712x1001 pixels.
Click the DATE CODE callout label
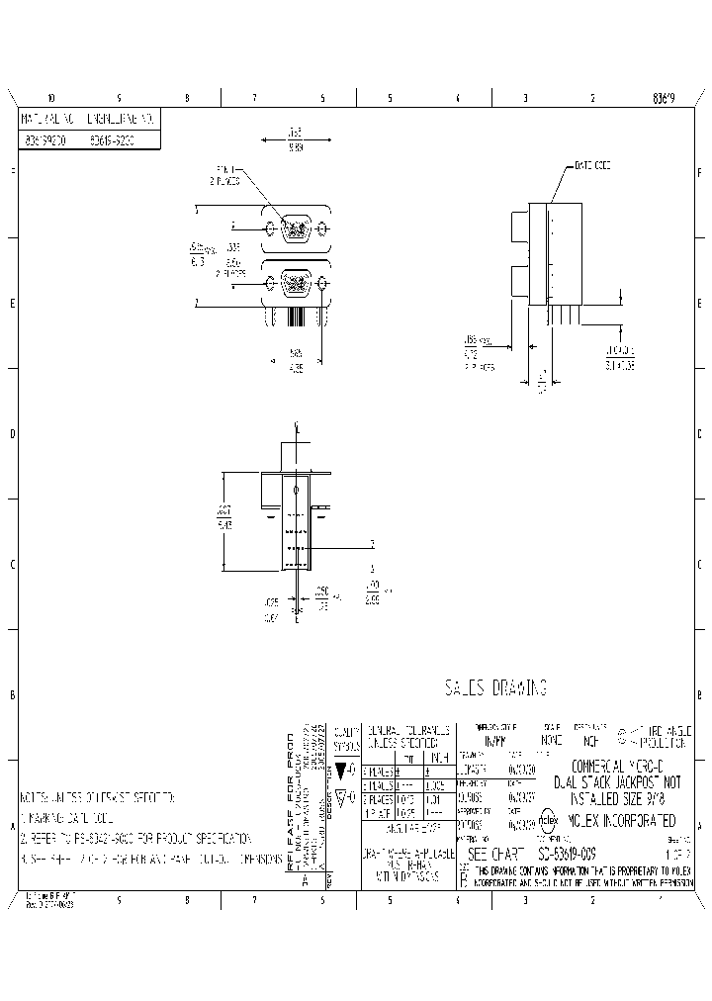(592, 166)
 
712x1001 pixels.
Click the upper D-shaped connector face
(296, 230)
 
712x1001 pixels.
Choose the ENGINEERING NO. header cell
(122, 118)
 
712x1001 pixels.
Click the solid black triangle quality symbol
(341, 770)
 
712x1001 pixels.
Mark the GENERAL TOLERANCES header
(408, 734)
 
